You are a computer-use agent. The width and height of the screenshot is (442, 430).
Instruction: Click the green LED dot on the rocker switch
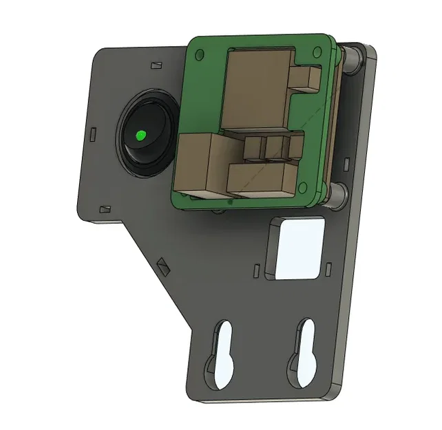[x=140, y=136]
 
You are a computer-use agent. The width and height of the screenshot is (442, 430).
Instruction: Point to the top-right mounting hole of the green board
[x=317, y=50]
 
